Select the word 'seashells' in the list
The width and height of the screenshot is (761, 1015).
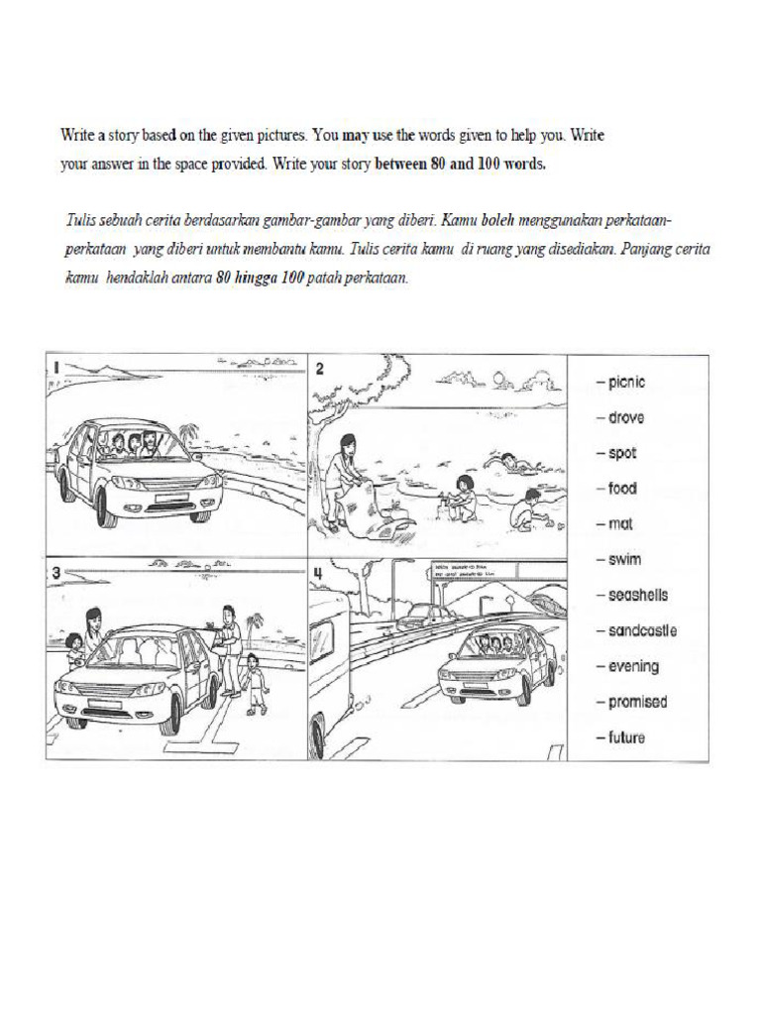point(636,595)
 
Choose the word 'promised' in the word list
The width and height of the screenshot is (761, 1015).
point(636,702)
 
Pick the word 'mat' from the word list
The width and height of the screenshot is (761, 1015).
point(619,524)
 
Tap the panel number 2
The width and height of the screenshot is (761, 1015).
point(320,369)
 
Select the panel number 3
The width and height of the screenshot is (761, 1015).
point(56,573)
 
